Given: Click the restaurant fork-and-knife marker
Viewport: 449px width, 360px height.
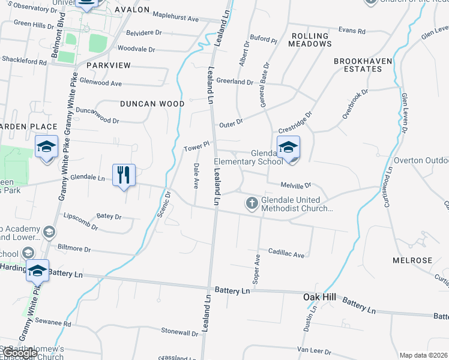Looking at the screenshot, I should coord(124,175).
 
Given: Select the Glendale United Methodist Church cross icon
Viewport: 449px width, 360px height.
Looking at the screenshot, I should coord(252,203).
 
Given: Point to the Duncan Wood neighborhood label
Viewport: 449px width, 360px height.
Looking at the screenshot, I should coord(152,104).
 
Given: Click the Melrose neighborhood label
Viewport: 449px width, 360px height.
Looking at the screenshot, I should coord(412,260).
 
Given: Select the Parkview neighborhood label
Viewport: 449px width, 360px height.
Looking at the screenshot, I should coord(109,64).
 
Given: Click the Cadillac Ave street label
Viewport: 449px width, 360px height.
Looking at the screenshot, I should coord(286,254).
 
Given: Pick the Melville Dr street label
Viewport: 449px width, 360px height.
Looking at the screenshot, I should coord(296,186).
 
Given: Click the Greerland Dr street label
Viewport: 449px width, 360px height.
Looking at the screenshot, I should coord(235,82).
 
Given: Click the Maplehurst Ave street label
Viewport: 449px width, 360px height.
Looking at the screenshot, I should coord(175,19).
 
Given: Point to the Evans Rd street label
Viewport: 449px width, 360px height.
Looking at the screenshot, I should coord(352,31).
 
